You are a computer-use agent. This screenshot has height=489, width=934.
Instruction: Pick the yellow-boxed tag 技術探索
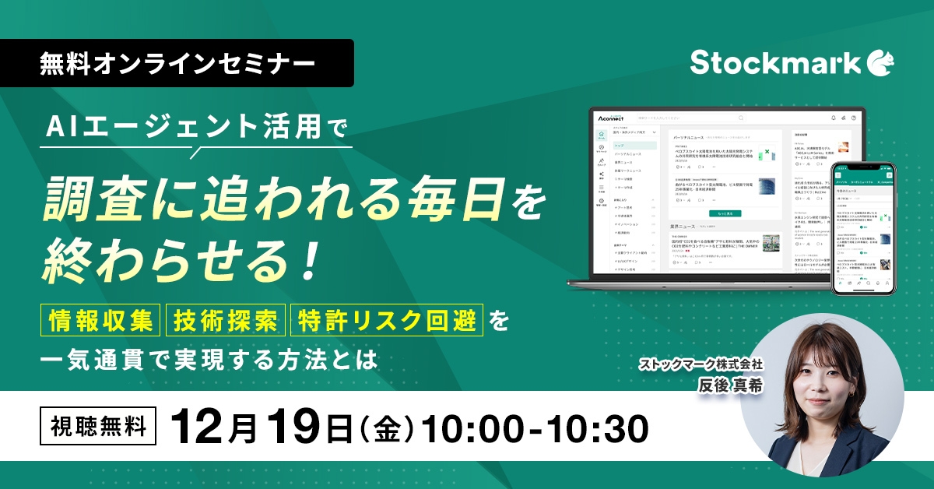tap(225, 319)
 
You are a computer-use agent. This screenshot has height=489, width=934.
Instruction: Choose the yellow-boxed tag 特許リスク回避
tap(387, 319)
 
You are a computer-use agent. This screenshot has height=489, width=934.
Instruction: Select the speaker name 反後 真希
tap(730, 385)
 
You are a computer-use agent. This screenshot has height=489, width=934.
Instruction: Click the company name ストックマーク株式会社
tap(700, 364)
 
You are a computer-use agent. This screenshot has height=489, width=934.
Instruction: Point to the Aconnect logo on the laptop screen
tap(613, 118)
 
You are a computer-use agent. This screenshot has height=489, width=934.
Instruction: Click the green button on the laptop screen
tap(725, 213)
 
